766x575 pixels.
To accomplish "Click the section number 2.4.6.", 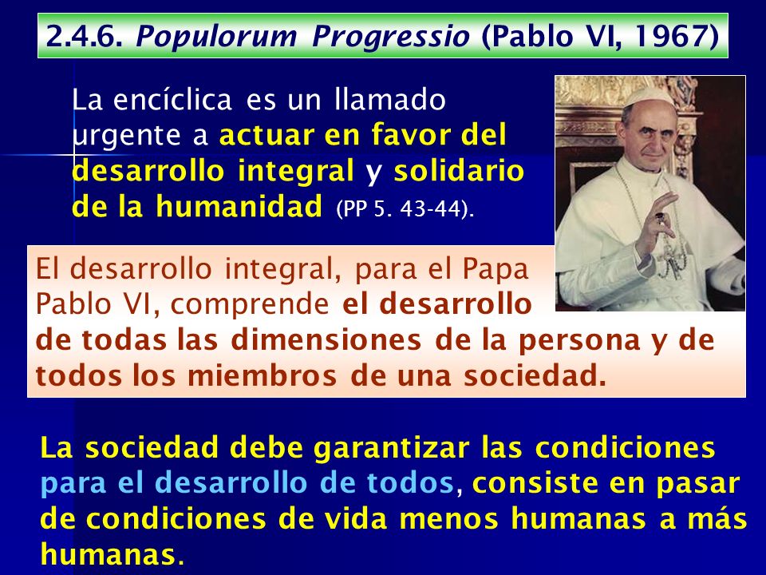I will [84, 37].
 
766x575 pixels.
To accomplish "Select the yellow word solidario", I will [459, 170].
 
